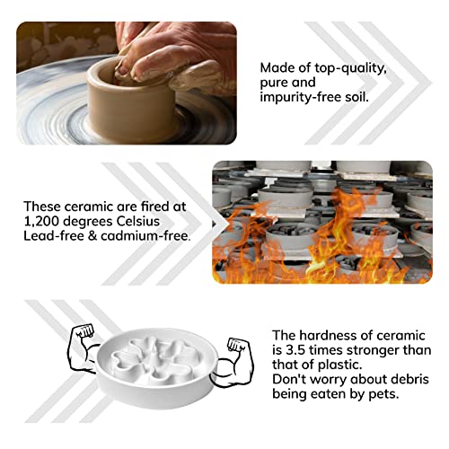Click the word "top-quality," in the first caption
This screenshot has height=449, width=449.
coord(350,68)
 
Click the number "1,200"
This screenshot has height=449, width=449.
coord(42,222)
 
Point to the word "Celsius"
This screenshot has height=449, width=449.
coord(138,222)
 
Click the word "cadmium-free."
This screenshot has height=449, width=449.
coord(145,236)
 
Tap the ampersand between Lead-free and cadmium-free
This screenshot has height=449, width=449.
coord(92,236)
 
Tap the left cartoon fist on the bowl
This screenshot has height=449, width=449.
coord(85,331)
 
